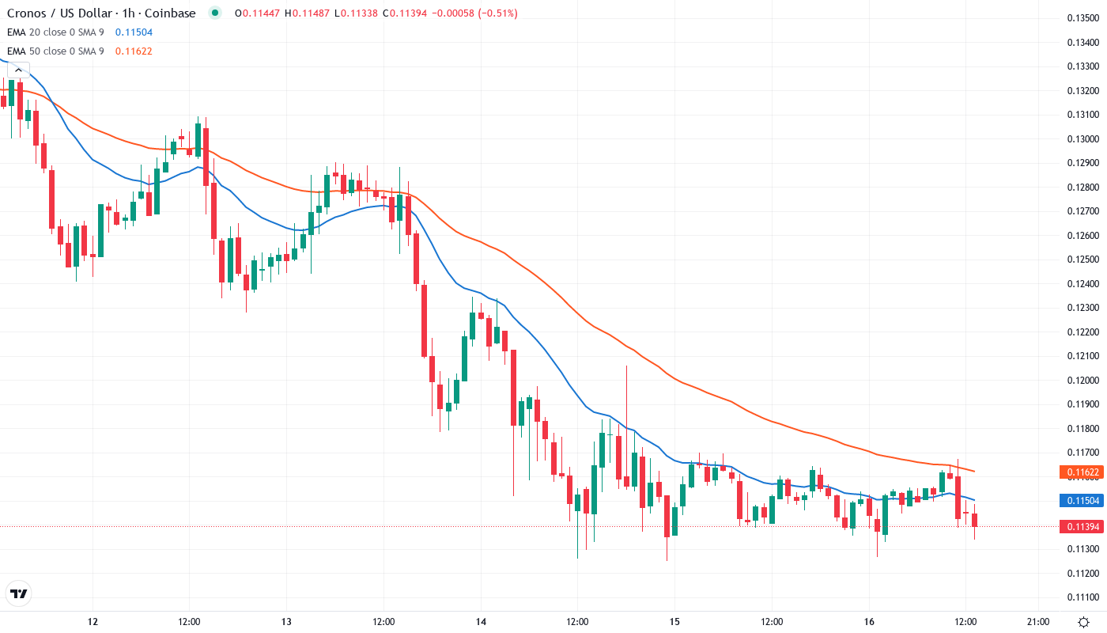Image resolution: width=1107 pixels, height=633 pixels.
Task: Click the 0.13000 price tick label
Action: coord(1082,139)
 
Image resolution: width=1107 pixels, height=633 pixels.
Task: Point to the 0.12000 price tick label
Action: coord(1082,381)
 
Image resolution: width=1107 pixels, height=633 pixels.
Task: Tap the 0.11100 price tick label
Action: coord(1082,597)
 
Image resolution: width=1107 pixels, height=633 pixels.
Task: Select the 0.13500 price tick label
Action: coord(1082,18)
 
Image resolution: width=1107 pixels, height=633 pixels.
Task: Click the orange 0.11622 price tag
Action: coord(1081,472)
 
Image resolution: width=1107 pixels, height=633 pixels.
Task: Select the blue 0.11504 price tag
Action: coord(1081,501)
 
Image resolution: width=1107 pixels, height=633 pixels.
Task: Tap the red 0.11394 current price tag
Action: coord(1081,527)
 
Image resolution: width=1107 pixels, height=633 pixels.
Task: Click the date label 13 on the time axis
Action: coord(286,621)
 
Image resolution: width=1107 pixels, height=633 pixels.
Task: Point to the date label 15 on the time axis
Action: coord(674,621)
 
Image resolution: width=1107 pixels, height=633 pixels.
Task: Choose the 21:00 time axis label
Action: coord(1037,621)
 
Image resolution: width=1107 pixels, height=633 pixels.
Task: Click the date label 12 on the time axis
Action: coord(93,621)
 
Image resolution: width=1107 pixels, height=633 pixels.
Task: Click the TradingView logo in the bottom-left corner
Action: coord(18,593)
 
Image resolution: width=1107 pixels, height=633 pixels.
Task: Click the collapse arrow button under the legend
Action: coord(18,70)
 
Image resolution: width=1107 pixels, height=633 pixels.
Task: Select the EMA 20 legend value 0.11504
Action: coord(134,32)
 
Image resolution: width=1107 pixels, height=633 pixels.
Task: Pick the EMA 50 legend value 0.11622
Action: coord(134,51)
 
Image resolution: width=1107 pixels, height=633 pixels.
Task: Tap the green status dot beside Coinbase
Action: coord(215,13)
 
